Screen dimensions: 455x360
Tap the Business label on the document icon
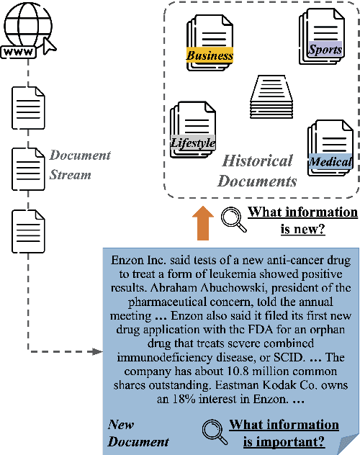click(x=210, y=55)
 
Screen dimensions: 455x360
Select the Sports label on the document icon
click(x=325, y=50)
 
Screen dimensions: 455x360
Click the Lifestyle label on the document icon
click(x=193, y=143)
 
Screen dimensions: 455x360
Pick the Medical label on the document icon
click(x=330, y=162)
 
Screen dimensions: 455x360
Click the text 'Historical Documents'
click(x=257, y=170)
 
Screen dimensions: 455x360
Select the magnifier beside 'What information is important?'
click(x=213, y=431)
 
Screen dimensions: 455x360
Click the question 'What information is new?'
click(x=302, y=220)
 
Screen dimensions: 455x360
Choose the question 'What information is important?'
click(x=284, y=433)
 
